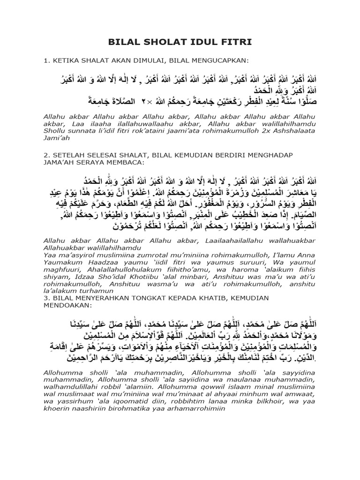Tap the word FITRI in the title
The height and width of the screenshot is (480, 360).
[237, 43]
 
